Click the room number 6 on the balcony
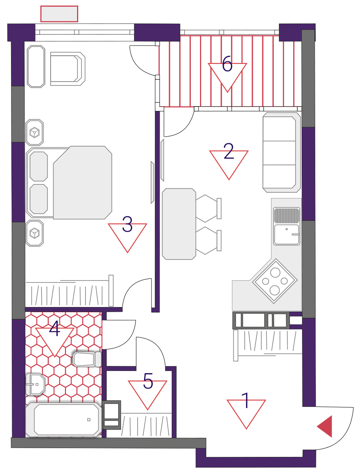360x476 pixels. coord(227,64)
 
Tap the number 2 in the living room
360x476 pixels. coord(229,151)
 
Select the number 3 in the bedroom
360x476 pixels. coord(127,224)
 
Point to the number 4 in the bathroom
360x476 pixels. coord(55,329)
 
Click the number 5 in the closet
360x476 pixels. coord(148,381)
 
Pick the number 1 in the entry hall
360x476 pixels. coord(246,400)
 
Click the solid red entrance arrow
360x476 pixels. coord(324,426)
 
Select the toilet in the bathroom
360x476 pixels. coord(87,359)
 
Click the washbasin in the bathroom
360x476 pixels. coord(35,385)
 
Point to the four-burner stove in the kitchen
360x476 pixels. coord(274,281)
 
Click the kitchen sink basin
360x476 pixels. coord(287,235)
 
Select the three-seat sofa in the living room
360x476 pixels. coord(281,152)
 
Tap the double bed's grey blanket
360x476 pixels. coord(83,183)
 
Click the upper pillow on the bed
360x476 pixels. coord(39,166)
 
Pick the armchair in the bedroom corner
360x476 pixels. coord(68,69)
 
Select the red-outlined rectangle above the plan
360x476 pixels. coord(59,14)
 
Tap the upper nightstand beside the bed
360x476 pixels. coord(34,133)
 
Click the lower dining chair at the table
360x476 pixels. coord(208,241)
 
